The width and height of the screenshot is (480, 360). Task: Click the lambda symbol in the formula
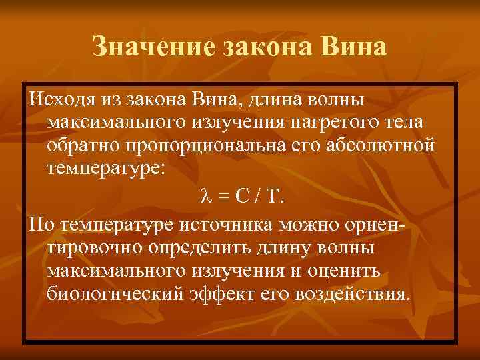[205, 197]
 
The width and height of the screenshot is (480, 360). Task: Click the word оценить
[357, 271]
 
